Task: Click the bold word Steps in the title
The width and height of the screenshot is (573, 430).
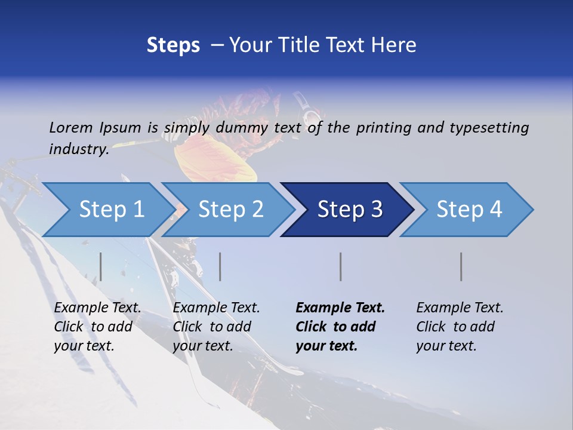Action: (x=173, y=45)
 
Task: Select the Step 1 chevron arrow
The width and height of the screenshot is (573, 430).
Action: (x=107, y=210)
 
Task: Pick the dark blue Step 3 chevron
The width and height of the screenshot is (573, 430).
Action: (x=349, y=210)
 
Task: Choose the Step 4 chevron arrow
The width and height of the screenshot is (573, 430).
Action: (x=468, y=210)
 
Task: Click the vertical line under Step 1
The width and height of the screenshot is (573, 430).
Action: (x=101, y=266)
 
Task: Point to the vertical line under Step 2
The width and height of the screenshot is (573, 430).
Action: (x=220, y=266)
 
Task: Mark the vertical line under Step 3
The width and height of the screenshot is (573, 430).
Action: (x=340, y=266)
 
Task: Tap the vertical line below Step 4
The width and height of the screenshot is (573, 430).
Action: (x=461, y=266)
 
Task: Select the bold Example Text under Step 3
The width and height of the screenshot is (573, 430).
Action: (x=340, y=327)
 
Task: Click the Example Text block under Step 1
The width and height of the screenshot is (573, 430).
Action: (x=97, y=327)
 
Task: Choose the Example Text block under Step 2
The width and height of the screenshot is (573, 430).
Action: (x=216, y=327)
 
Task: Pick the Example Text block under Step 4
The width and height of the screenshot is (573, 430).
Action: (x=460, y=327)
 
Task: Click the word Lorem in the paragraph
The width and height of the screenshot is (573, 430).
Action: (x=70, y=128)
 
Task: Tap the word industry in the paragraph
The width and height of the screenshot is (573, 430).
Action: (x=78, y=149)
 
